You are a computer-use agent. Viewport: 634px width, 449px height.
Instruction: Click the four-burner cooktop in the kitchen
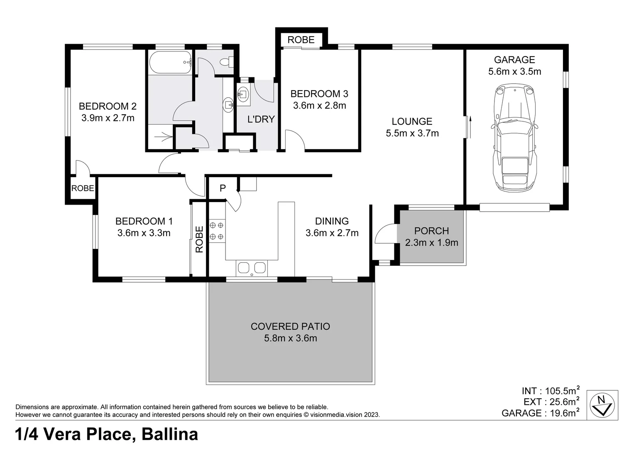tap(217, 231)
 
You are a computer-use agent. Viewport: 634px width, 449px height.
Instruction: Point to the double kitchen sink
tap(252, 268)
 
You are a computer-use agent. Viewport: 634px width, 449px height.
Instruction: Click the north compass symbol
tap(602, 405)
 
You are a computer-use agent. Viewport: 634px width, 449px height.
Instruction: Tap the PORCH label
tap(431, 231)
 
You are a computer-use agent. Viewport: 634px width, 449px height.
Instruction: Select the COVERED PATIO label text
tap(290, 326)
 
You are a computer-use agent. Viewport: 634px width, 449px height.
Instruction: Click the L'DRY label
tap(261, 119)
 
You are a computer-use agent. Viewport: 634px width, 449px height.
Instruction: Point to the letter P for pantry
tap(223, 188)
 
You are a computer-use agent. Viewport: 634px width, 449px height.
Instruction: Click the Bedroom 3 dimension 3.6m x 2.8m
tap(320, 106)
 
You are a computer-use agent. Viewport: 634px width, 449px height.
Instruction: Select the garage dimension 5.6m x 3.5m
tap(514, 71)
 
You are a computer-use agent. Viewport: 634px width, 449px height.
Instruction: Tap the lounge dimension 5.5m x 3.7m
tap(412, 133)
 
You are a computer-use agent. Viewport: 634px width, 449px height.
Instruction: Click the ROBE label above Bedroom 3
tap(301, 39)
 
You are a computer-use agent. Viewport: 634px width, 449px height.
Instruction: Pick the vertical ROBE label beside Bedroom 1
tap(200, 239)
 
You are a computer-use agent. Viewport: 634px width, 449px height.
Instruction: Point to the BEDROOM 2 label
tap(108, 106)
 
